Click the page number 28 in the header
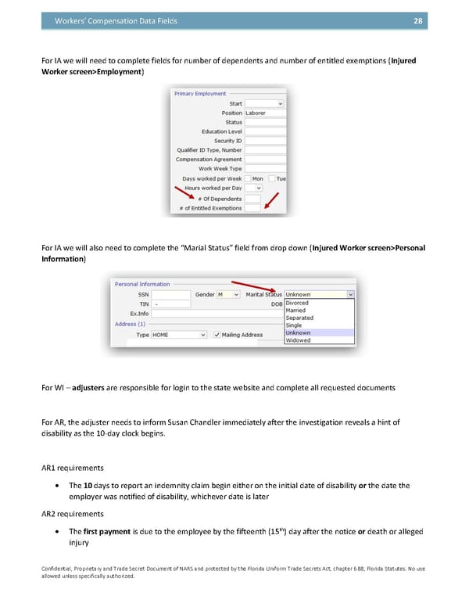pos(417,21)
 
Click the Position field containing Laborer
pos(265,113)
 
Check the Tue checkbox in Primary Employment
pos(272,178)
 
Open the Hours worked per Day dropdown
pos(253,188)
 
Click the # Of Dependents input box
pos(252,199)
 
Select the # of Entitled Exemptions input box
pos(252,208)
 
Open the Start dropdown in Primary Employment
pos(265,103)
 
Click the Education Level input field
pos(265,131)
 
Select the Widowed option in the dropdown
pos(298,340)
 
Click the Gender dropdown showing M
pos(228,294)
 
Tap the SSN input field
pos(170,294)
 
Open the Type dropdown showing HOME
pos(179,335)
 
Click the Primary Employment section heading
pos(200,94)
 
